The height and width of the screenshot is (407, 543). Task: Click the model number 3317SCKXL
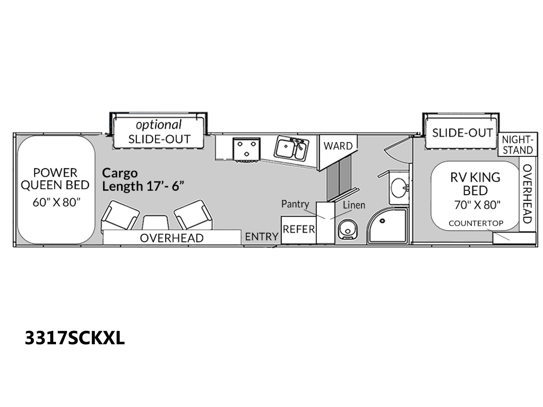pyautogui.click(x=75, y=338)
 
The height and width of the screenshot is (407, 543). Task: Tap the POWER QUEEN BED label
pyautogui.click(x=55, y=179)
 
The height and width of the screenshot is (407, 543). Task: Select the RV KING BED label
pyautogui.click(x=475, y=184)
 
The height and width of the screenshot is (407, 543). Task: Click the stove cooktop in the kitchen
pyautogui.click(x=247, y=150)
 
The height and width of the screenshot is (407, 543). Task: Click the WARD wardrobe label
pyautogui.click(x=338, y=146)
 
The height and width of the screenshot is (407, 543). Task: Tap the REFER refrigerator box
pyautogui.click(x=299, y=230)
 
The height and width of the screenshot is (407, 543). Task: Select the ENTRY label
pyautogui.click(x=261, y=236)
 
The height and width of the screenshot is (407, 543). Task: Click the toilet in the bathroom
pyautogui.click(x=348, y=229)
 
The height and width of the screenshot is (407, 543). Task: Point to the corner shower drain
pyautogui.click(x=382, y=221)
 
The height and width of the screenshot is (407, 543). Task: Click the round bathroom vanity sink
pyautogui.click(x=399, y=188)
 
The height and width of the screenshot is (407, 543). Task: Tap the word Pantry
pyautogui.click(x=295, y=204)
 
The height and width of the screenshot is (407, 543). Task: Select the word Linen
pyautogui.click(x=354, y=205)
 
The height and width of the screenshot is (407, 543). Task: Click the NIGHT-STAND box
pyautogui.click(x=517, y=144)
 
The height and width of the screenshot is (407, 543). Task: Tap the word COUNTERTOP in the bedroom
pyautogui.click(x=476, y=223)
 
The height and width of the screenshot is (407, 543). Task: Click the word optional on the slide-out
pyautogui.click(x=158, y=125)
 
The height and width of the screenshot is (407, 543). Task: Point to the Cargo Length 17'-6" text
pyautogui.click(x=143, y=180)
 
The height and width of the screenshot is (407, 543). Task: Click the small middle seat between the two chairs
pyautogui.click(x=156, y=222)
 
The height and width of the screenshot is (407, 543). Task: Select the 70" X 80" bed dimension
pyautogui.click(x=477, y=205)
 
